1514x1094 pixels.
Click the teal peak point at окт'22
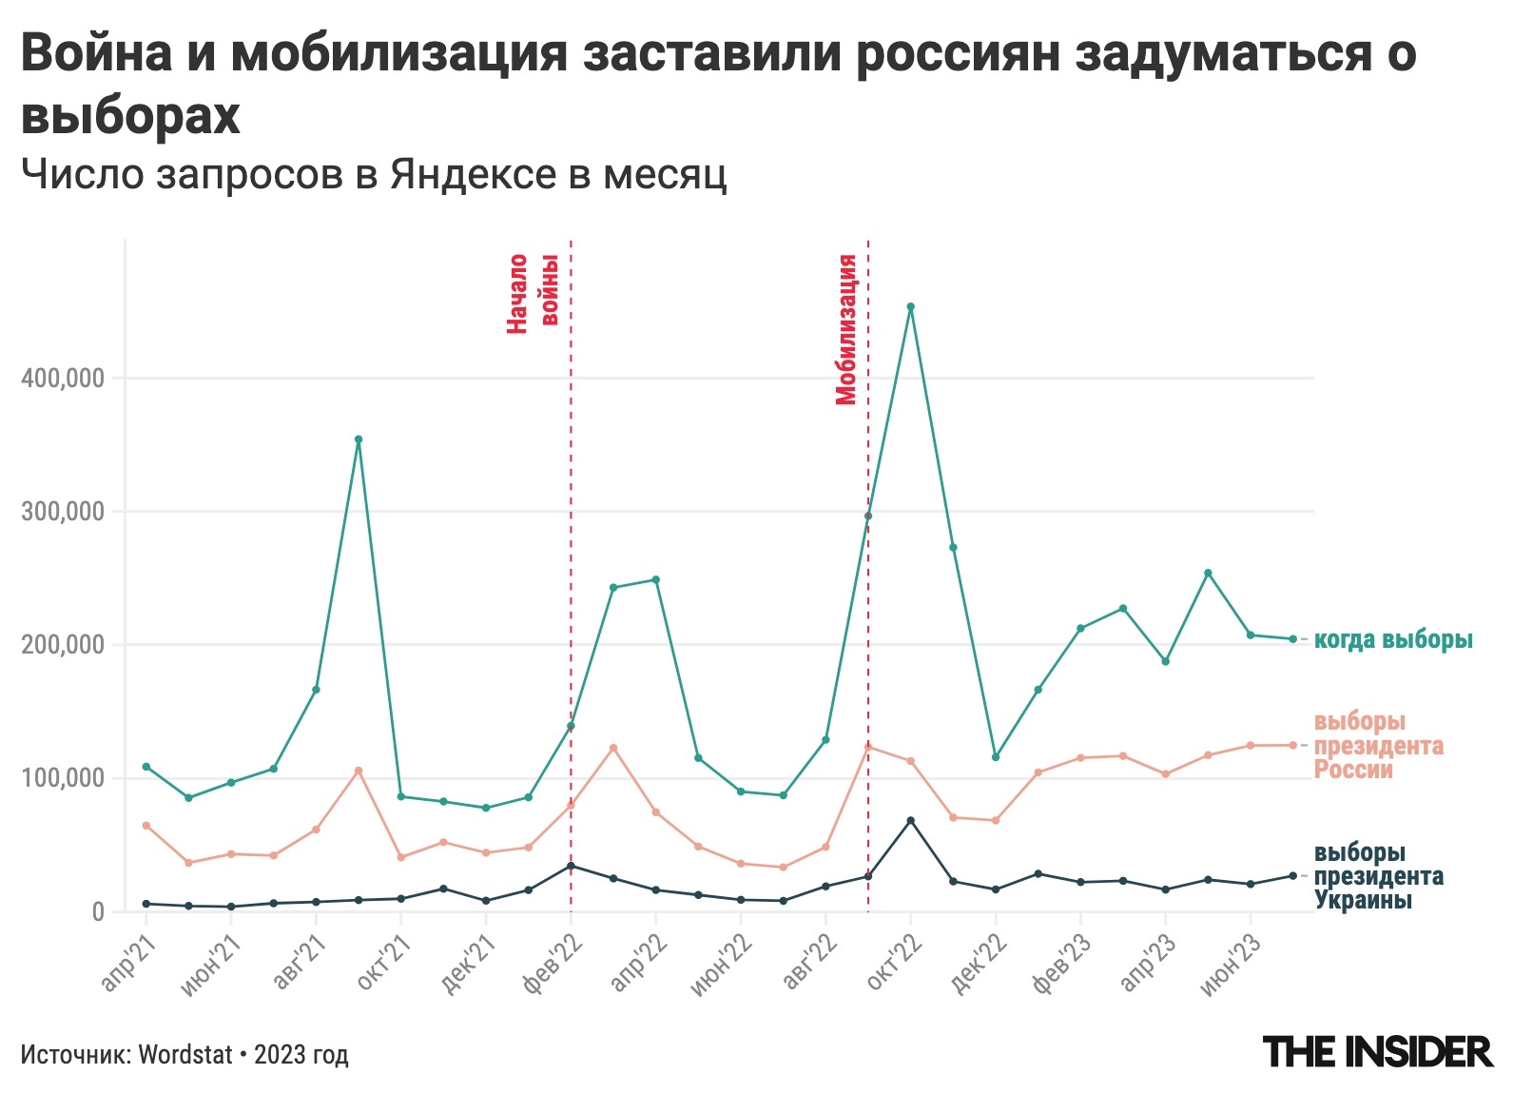click(910, 307)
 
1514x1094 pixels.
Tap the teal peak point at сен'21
click(359, 440)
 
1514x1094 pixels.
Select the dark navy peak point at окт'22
click(910, 820)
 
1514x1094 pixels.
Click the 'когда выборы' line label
click(1393, 639)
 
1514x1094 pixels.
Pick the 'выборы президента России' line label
click(1378, 745)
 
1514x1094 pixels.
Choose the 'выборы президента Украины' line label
click(1378, 876)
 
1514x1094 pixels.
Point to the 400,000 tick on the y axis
click(62, 379)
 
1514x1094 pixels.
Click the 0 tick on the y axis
click(98, 911)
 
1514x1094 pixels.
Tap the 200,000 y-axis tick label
click(62, 645)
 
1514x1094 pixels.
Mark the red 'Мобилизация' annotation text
click(846, 329)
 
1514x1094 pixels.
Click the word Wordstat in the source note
click(185, 1054)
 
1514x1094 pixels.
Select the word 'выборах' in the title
click(130, 116)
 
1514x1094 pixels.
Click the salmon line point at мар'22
click(613, 748)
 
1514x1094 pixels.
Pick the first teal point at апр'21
click(146, 767)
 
